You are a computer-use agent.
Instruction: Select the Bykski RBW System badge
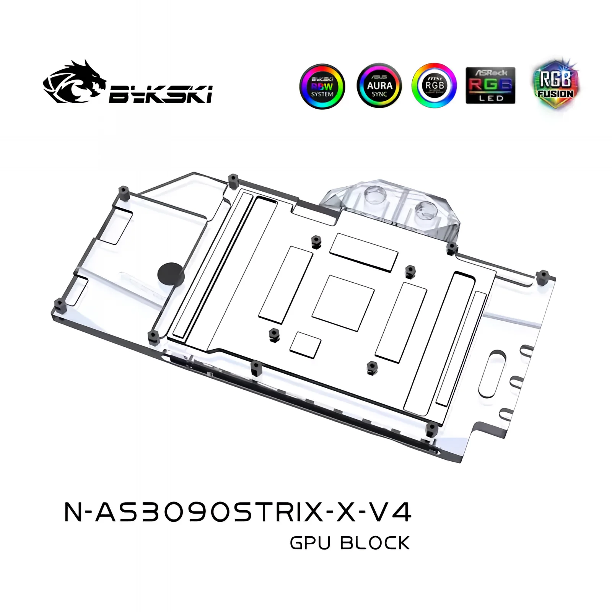(322, 86)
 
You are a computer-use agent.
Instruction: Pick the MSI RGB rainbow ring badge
(434, 86)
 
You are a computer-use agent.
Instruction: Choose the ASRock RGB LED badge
(490, 85)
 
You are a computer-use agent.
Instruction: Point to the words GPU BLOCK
(350, 543)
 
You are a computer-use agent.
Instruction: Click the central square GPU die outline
(343, 303)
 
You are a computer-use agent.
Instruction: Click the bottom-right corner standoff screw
(431, 428)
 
